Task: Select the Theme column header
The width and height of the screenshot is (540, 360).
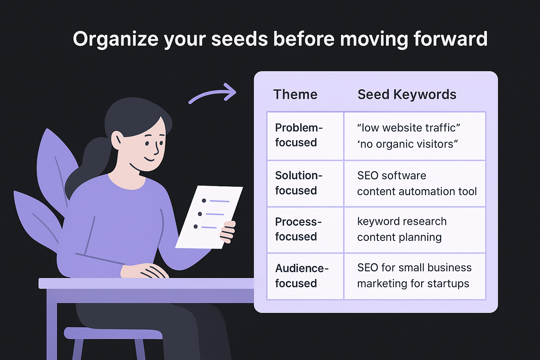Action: pyautogui.click(x=295, y=95)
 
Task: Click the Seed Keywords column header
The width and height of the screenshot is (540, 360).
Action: pyautogui.click(x=407, y=95)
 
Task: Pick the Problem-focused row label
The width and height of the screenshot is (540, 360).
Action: pyautogui.click(x=298, y=135)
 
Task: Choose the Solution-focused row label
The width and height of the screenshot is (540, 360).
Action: pyautogui.click(x=298, y=183)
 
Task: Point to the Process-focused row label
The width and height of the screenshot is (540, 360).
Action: pyautogui.click(x=298, y=229)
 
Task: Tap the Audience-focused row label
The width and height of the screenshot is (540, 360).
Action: pyautogui.click(x=301, y=276)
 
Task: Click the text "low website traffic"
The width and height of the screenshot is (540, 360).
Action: pyautogui.click(x=409, y=128)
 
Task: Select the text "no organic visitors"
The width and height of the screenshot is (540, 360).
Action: pyautogui.click(x=407, y=144)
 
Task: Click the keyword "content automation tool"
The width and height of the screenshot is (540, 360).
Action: pyautogui.click(x=417, y=191)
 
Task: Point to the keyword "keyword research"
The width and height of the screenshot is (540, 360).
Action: pyautogui.click(x=402, y=221)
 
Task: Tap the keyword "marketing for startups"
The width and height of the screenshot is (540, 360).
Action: pyautogui.click(x=413, y=283)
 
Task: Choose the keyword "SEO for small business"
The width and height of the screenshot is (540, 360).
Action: pyautogui.click(x=414, y=268)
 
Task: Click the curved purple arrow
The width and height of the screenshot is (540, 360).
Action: pyautogui.click(x=212, y=94)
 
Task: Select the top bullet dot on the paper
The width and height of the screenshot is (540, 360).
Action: pyautogui.click(x=204, y=201)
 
